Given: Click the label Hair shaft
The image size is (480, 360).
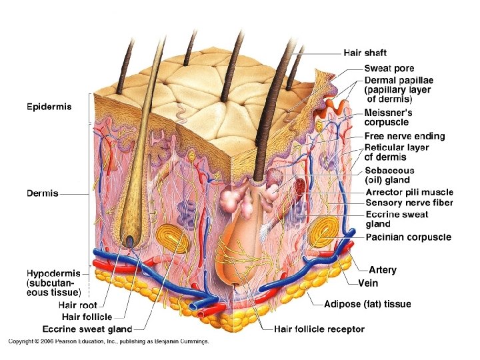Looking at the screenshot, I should click(x=365, y=53).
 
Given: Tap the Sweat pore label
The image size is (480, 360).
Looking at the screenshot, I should click(x=389, y=68).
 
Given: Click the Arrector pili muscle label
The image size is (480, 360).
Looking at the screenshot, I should click(x=409, y=192).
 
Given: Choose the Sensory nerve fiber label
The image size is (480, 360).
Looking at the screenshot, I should click(x=409, y=203).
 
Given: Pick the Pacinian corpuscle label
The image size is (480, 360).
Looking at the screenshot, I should click(x=408, y=237).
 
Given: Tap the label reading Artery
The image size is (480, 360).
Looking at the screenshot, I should click(x=383, y=270).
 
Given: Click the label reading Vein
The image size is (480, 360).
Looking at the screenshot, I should click(x=368, y=283).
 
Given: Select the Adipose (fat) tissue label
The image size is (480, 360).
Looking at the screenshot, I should click(x=367, y=305).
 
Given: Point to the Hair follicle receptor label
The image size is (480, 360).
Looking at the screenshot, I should click(x=319, y=329).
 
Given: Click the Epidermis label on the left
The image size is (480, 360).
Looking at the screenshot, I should click(x=49, y=106).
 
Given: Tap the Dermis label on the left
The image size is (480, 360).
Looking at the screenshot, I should click(x=42, y=194).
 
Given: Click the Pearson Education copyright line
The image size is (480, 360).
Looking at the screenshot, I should click(x=109, y=342).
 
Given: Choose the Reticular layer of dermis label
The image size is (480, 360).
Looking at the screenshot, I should click(x=397, y=153).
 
